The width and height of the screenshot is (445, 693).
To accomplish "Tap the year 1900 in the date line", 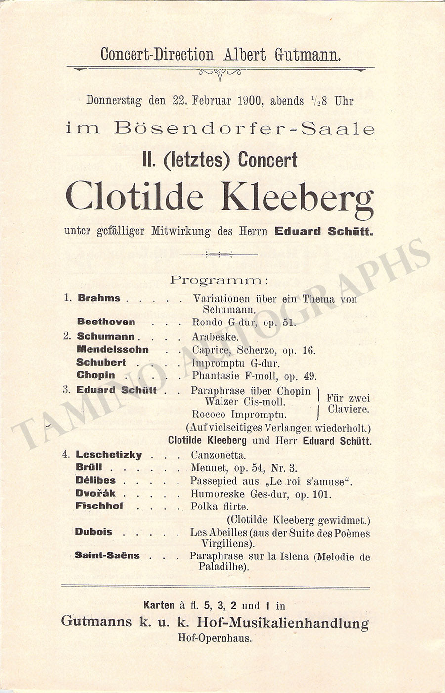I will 249,101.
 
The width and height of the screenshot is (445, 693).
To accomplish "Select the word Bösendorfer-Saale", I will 244,129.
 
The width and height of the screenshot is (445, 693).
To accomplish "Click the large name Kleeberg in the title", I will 297,197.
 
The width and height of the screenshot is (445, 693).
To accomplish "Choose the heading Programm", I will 219,280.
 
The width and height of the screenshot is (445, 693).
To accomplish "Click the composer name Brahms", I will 99,298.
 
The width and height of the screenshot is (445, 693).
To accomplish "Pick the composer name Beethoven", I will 106,322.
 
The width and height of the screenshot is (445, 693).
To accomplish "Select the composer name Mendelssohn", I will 112,350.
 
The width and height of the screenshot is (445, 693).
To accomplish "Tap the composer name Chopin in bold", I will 95,375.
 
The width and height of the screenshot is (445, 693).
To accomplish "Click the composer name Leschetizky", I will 108,455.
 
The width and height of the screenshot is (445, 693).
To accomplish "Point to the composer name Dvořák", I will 95,493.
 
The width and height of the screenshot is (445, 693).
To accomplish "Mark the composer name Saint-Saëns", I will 107,555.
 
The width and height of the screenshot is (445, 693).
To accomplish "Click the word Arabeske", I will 215,337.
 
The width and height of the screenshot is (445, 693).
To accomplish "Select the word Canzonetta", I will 218,455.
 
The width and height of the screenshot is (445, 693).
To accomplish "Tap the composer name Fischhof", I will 99,506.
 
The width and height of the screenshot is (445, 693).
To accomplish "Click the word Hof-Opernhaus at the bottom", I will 215,638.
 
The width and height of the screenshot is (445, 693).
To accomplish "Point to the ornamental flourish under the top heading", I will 220,73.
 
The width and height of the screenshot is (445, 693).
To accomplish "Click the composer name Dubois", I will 93,532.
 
